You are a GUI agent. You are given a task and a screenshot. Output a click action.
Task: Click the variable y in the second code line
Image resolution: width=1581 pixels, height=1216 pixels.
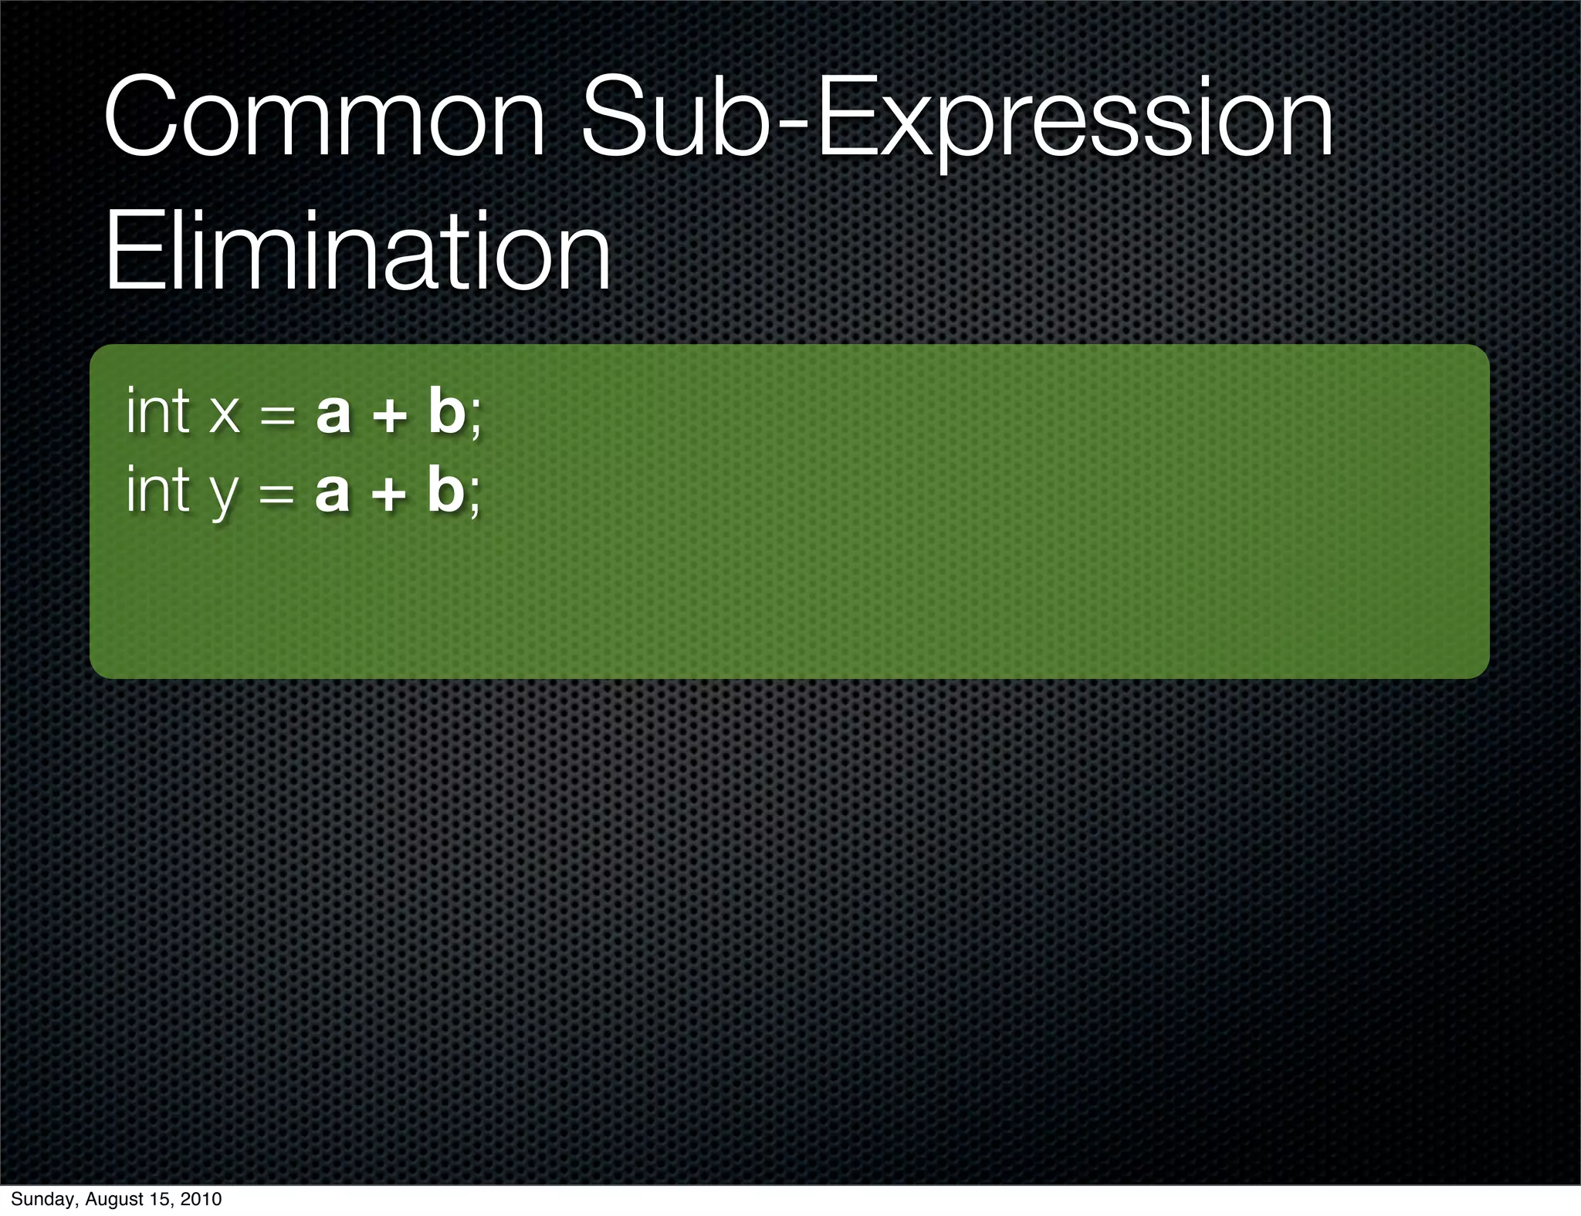pos(224,495)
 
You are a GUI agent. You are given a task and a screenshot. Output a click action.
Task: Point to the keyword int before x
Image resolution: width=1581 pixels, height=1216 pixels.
pos(157,411)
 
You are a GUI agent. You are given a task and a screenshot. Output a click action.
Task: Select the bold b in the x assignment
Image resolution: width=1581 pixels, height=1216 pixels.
pos(446,411)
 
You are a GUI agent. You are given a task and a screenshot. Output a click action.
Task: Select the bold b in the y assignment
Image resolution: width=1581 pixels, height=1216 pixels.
pos(445,490)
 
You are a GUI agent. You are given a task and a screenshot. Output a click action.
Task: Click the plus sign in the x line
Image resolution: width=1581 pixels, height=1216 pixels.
pos(389,415)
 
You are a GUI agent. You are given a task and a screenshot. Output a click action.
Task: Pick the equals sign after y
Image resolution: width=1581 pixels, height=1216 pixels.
pos(277,495)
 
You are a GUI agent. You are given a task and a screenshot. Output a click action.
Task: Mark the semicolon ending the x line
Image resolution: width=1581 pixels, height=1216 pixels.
pos(475,418)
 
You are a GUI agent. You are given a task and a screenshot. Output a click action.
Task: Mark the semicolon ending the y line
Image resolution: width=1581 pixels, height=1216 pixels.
pos(474,497)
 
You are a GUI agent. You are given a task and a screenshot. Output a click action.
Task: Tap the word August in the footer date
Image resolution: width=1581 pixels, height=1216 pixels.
pos(110,1199)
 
